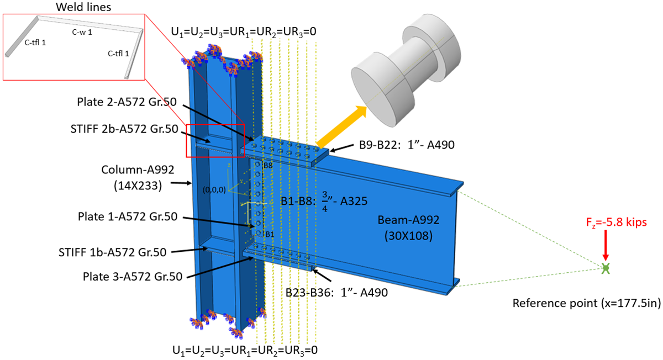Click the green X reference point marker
pyautogui.click(x=606, y=269)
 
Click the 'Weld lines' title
pyautogui.click(x=73, y=7)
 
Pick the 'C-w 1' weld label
pyautogui.click(x=82, y=33)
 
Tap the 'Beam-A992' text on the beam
pyautogui.click(x=409, y=220)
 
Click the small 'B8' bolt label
pyautogui.click(x=267, y=165)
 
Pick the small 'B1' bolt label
pyautogui.click(x=270, y=234)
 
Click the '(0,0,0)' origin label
pyautogui.click(x=213, y=189)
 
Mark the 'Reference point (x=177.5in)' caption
pyautogui.click(x=586, y=303)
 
